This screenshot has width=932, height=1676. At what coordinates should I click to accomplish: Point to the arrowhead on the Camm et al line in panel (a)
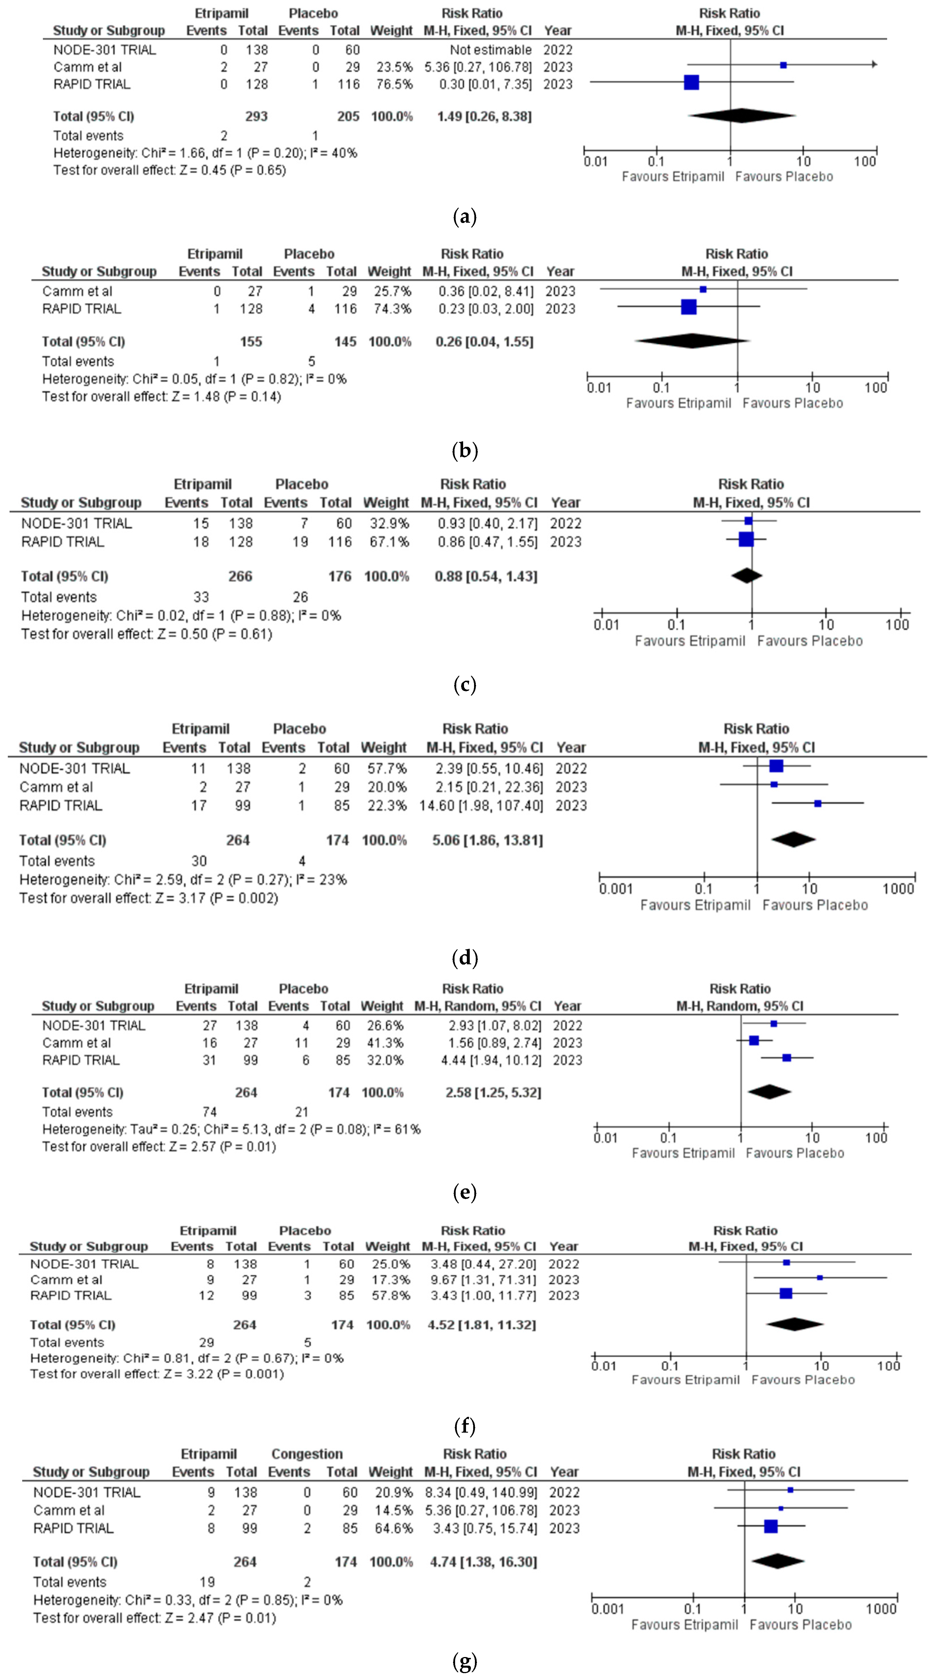[x=874, y=64]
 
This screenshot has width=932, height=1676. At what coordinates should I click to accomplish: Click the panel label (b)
[x=464, y=450]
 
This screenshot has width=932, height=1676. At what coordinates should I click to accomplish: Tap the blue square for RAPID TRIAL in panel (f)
[x=786, y=1294]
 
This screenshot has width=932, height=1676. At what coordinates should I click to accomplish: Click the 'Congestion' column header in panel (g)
[x=307, y=1454]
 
